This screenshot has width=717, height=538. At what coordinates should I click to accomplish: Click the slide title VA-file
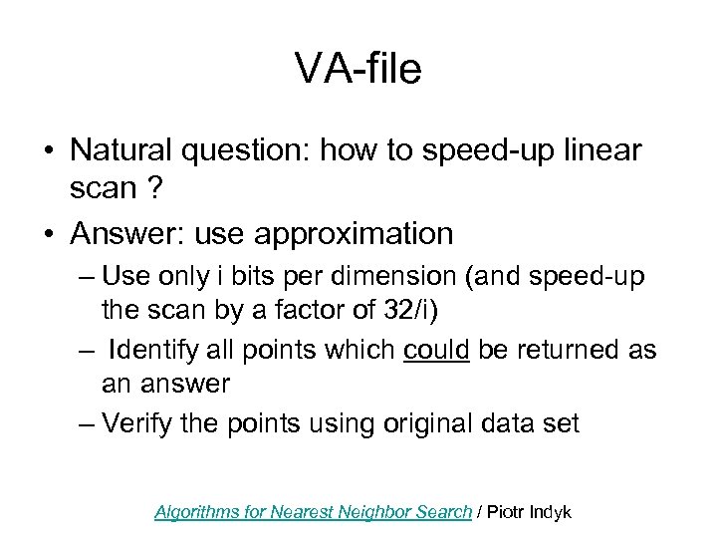click(x=358, y=69)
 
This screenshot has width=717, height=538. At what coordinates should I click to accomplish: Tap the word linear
click(x=600, y=151)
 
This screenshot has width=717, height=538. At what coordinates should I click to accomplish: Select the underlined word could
click(x=438, y=350)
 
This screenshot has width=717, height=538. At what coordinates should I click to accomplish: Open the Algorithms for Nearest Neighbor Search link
click(x=313, y=512)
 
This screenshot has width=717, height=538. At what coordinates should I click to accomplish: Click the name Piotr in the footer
click(x=508, y=512)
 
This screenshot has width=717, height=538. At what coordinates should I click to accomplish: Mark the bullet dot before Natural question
click(x=47, y=152)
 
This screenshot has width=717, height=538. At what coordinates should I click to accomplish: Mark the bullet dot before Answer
click(x=47, y=235)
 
